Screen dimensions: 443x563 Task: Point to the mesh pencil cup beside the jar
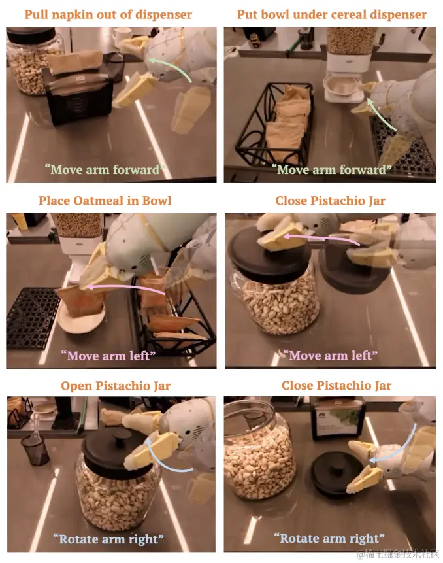[x=35, y=450]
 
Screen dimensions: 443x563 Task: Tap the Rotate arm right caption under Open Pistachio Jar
[x=108, y=539]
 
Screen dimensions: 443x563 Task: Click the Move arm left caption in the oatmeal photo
[x=108, y=356]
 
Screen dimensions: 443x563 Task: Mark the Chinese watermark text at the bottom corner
[x=397, y=553]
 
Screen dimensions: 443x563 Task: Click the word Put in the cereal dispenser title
[x=246, y=15]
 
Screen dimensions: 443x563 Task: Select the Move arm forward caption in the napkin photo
[x=105, y=169]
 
